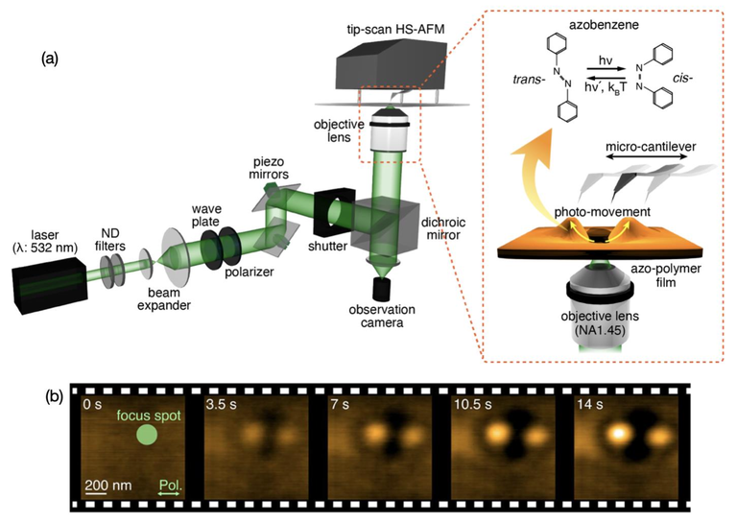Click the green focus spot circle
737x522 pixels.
click(x=145, y=436)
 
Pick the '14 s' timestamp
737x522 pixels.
click(x=591, y=406)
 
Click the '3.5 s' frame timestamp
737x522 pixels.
click(x=223, y=406)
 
